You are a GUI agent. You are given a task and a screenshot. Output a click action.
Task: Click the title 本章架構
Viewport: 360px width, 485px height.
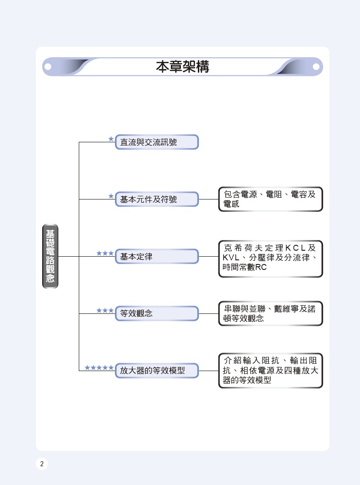(182, 66)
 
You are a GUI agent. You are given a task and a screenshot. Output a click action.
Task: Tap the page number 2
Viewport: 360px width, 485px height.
(42, 463)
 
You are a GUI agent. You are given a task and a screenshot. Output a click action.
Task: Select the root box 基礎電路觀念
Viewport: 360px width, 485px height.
(50, 256)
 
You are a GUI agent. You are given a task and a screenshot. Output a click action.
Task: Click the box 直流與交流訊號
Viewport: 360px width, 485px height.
(157, 142)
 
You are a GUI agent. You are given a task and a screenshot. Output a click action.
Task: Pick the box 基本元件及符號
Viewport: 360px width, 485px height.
(157, 199)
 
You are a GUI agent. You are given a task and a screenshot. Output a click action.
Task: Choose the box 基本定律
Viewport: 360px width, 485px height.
(157, 256)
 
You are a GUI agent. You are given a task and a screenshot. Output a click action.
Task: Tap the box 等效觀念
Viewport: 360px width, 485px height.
(157, 313)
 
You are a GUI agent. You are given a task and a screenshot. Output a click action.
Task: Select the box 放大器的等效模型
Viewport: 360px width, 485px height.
(157, 371)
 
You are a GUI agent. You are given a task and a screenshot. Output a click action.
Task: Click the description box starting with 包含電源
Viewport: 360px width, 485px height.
(271, 199)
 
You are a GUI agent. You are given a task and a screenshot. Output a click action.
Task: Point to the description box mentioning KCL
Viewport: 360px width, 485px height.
(271, 259)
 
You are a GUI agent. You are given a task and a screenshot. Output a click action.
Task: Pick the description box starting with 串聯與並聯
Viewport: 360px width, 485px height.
(271, 313)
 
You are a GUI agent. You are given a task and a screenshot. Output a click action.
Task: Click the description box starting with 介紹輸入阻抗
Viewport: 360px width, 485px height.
(271, 371)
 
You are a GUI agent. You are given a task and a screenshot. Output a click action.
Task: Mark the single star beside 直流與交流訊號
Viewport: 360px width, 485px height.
(111, 139)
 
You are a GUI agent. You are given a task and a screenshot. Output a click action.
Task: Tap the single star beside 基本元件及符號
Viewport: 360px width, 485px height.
(111, 196)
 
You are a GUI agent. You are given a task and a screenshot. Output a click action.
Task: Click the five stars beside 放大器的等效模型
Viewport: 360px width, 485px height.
(99, 367)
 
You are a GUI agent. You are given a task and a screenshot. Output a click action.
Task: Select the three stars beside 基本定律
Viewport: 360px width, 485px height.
(105, 253)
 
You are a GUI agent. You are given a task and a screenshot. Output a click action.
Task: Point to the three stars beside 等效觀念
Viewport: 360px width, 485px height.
(105, 310)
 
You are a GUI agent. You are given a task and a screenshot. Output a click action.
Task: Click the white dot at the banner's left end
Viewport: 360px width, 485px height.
(48, 66)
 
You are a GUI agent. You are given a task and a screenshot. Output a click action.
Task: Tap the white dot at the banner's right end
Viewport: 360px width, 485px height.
(316, 66)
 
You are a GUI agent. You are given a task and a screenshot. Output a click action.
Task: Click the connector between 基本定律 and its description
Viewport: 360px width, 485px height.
(209, 256)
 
